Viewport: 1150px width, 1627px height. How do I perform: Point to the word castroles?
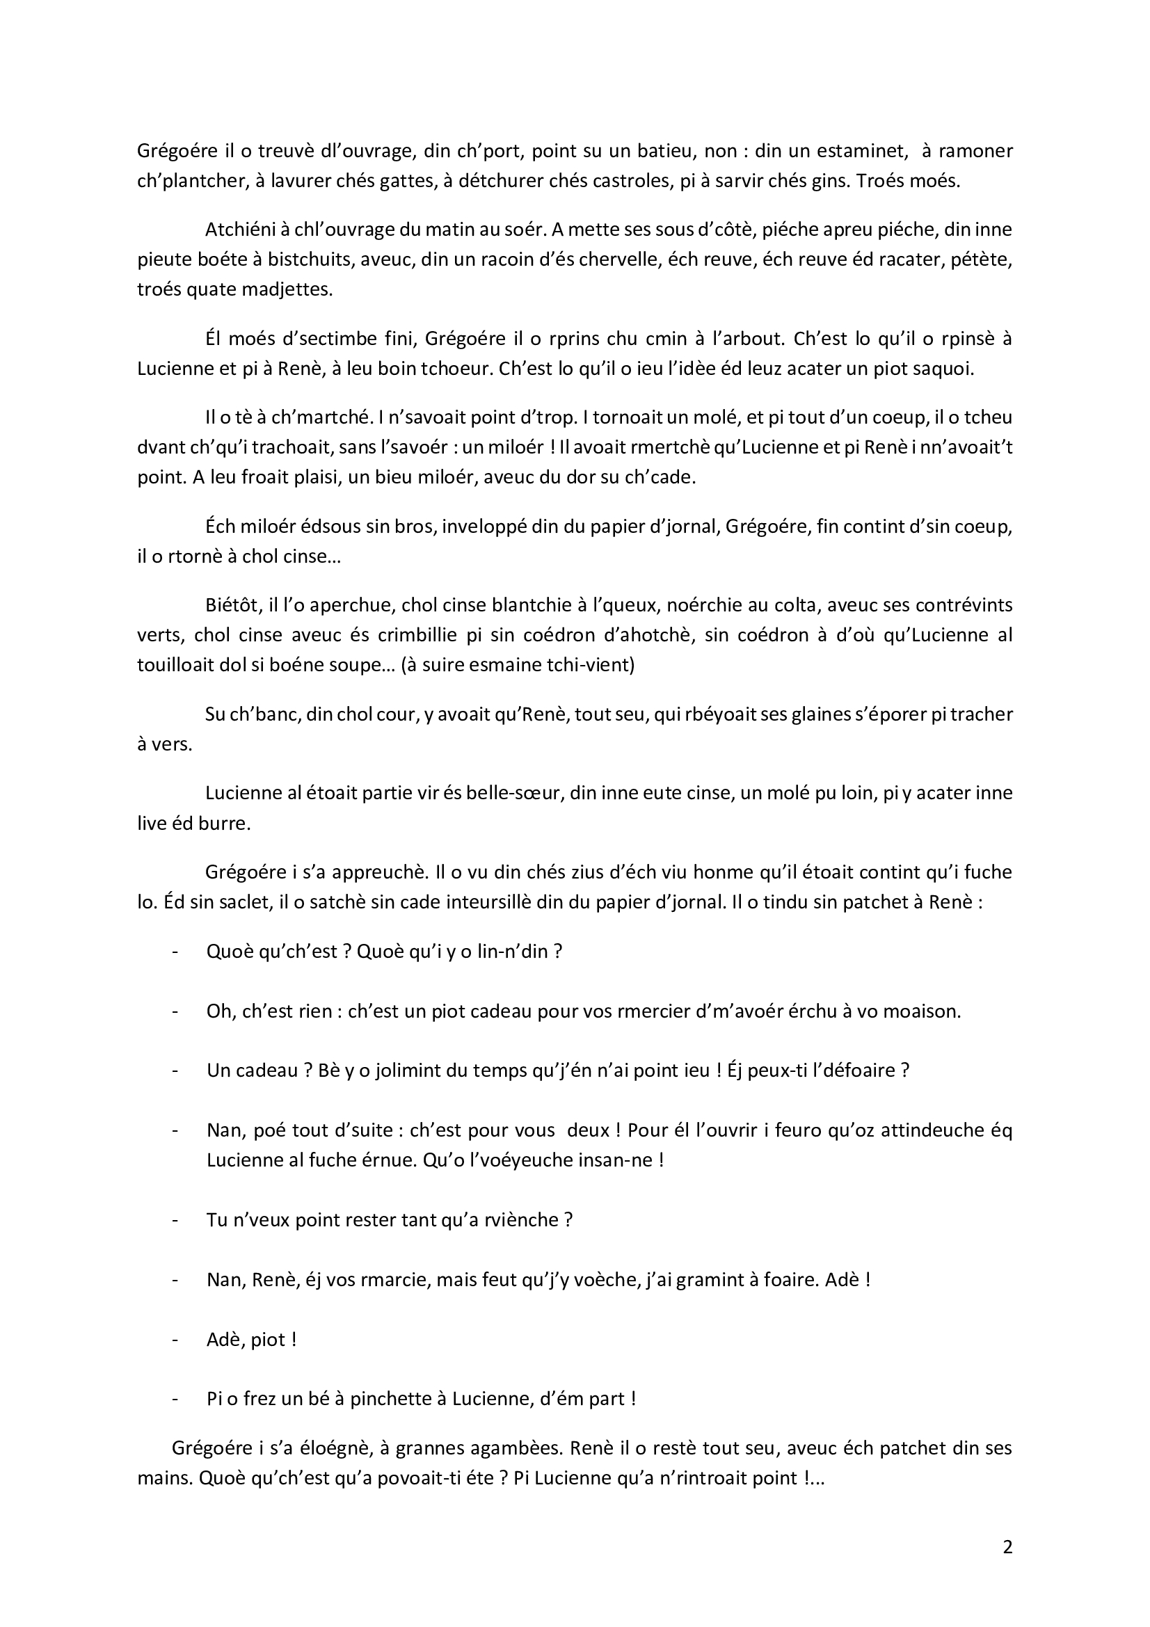coord(621,181)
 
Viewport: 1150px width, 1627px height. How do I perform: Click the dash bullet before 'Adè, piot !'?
coord(175,1340)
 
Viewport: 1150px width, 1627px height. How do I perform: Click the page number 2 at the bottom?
coord(1007,1547)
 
